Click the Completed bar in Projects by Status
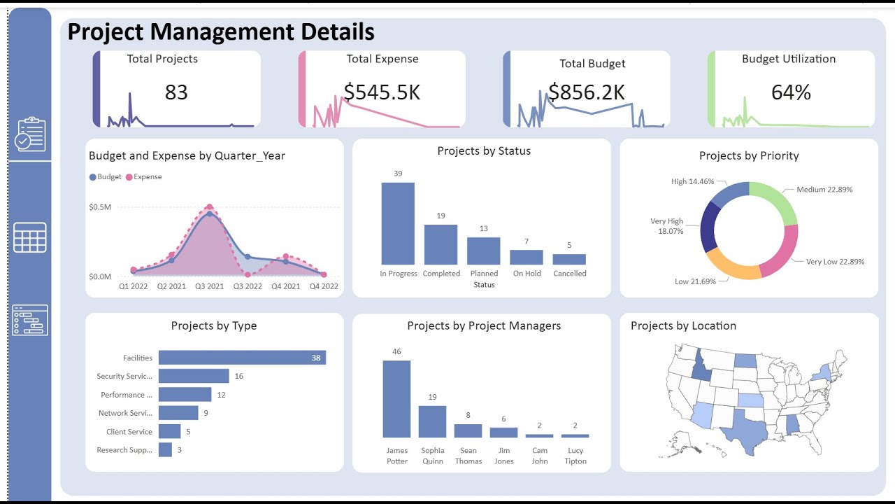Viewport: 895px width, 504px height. (441, 244)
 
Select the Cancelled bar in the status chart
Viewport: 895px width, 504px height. (569, 259)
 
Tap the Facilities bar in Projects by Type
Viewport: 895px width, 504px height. (242, 358)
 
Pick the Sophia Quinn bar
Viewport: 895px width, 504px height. (432, 421)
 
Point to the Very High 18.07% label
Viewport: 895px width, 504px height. (666, 225)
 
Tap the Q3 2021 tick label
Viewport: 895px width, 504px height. (210, 286)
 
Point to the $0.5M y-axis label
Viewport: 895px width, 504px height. (100, 207)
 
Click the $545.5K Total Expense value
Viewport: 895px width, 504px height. (382, 92)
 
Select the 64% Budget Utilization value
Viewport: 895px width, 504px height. (791, 92)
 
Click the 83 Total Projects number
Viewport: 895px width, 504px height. (176, 92)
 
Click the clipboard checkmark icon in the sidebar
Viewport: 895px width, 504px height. (30, 134)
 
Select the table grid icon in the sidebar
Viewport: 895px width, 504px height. (30, 237)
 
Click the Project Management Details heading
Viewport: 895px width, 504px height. (221, 32)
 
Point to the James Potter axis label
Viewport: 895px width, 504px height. (396, 456)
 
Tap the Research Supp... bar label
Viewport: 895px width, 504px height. (124, 450)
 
